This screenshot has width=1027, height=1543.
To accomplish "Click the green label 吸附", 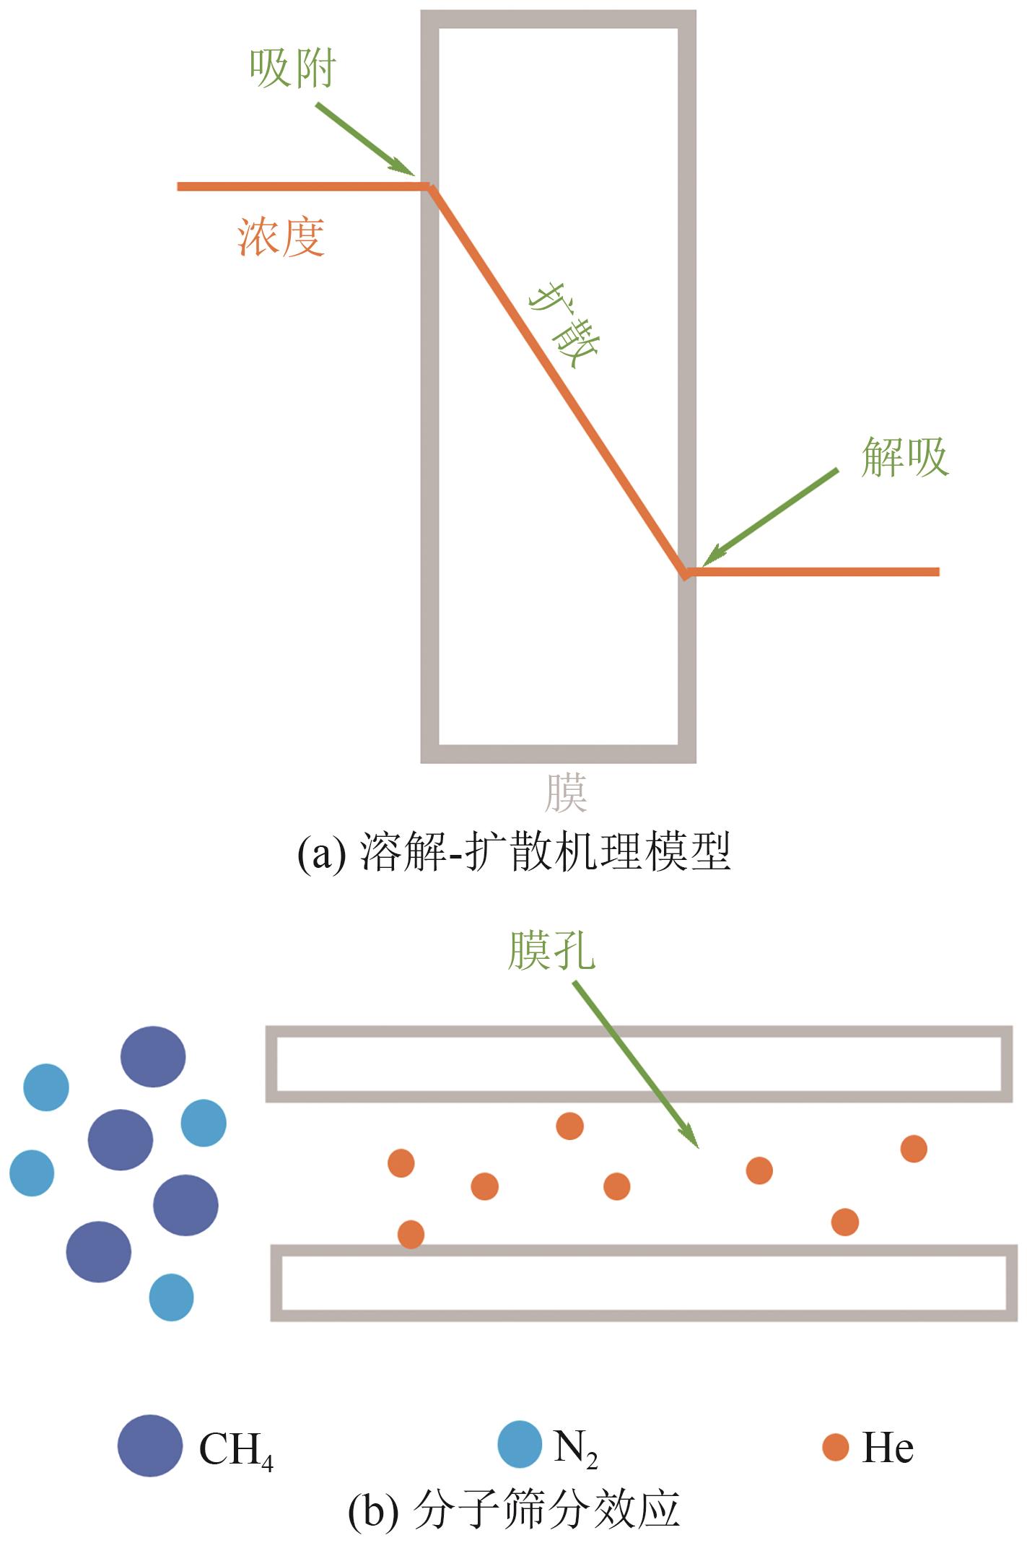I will tap(292, 69).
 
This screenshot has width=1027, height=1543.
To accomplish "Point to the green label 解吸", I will tap(904, 457).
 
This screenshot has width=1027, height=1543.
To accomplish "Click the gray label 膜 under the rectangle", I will tap(565, 794).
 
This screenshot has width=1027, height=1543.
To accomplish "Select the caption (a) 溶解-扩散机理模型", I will tap(514, 851).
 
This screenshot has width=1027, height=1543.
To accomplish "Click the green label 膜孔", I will tap(551, 950).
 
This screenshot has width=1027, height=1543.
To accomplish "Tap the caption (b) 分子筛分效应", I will tap(514, 1509).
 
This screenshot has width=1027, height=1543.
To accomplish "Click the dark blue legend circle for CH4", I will tap(150, 1446).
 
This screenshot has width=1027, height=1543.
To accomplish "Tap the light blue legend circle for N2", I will tap(520, 1444).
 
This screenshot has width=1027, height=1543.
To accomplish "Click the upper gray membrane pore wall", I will tap(639, 1031).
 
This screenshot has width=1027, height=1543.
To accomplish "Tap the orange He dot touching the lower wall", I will tap(411, 1234).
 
